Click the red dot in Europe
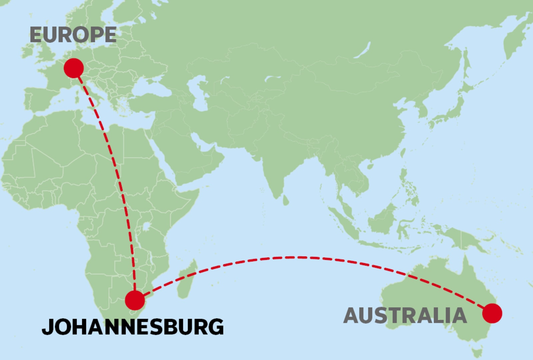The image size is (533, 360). pyautogui.click(x=74, y=68)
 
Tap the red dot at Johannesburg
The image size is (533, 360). pyautogui.click(x=135, y=300)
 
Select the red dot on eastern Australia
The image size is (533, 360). pyautogui.click(x=492, y=313)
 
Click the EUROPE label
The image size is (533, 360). pyautogui.click(x=73, y=35)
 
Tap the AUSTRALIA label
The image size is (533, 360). pyautogui.click(x=405, y=316)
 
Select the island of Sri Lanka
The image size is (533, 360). pyautogui.click(x=285, y=200)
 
